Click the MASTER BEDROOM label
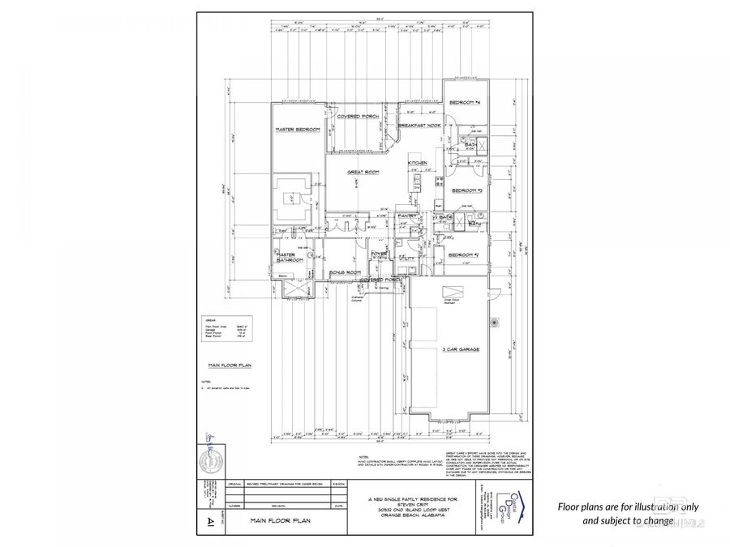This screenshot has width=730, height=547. tap(297, 130)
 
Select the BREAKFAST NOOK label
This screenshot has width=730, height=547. tap(418, 125)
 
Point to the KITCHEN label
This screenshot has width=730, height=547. tap(417, 164)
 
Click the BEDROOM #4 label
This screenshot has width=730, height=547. tap(466, 103)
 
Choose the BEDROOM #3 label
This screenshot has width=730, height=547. tap(466, 190)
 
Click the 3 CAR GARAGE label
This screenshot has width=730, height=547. tap(460, 349)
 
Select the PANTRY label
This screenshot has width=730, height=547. tap(408, 216)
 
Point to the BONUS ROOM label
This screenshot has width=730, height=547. tap(344, 273)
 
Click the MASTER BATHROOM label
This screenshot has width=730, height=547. tap(290, 257)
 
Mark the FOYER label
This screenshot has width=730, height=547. tap(380, 254)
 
